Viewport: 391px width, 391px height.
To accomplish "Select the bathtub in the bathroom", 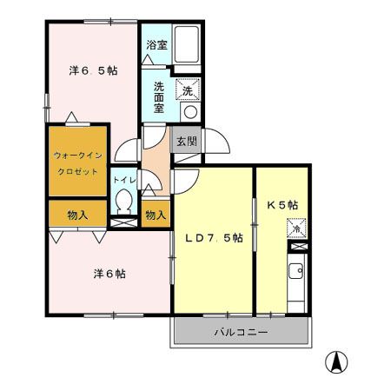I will (188, 43).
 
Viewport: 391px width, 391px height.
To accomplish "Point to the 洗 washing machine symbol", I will (188, 89).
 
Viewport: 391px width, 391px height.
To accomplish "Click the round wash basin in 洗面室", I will (189, 111).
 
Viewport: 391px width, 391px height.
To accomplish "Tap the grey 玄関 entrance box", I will (185, 141).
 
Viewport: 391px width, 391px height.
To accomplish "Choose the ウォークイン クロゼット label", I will (78, 162).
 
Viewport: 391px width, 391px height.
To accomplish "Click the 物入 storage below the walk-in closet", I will (78, 214).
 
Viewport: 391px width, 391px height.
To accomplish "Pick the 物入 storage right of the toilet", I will (156, 214).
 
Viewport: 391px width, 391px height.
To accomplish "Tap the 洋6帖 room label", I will (109, 273).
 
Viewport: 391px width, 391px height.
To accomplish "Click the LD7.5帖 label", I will (213, 237).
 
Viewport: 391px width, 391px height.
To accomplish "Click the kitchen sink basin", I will (296, 271).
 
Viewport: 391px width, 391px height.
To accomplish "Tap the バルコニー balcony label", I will (241, 332).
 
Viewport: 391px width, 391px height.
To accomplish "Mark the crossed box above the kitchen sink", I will (294, 252).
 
